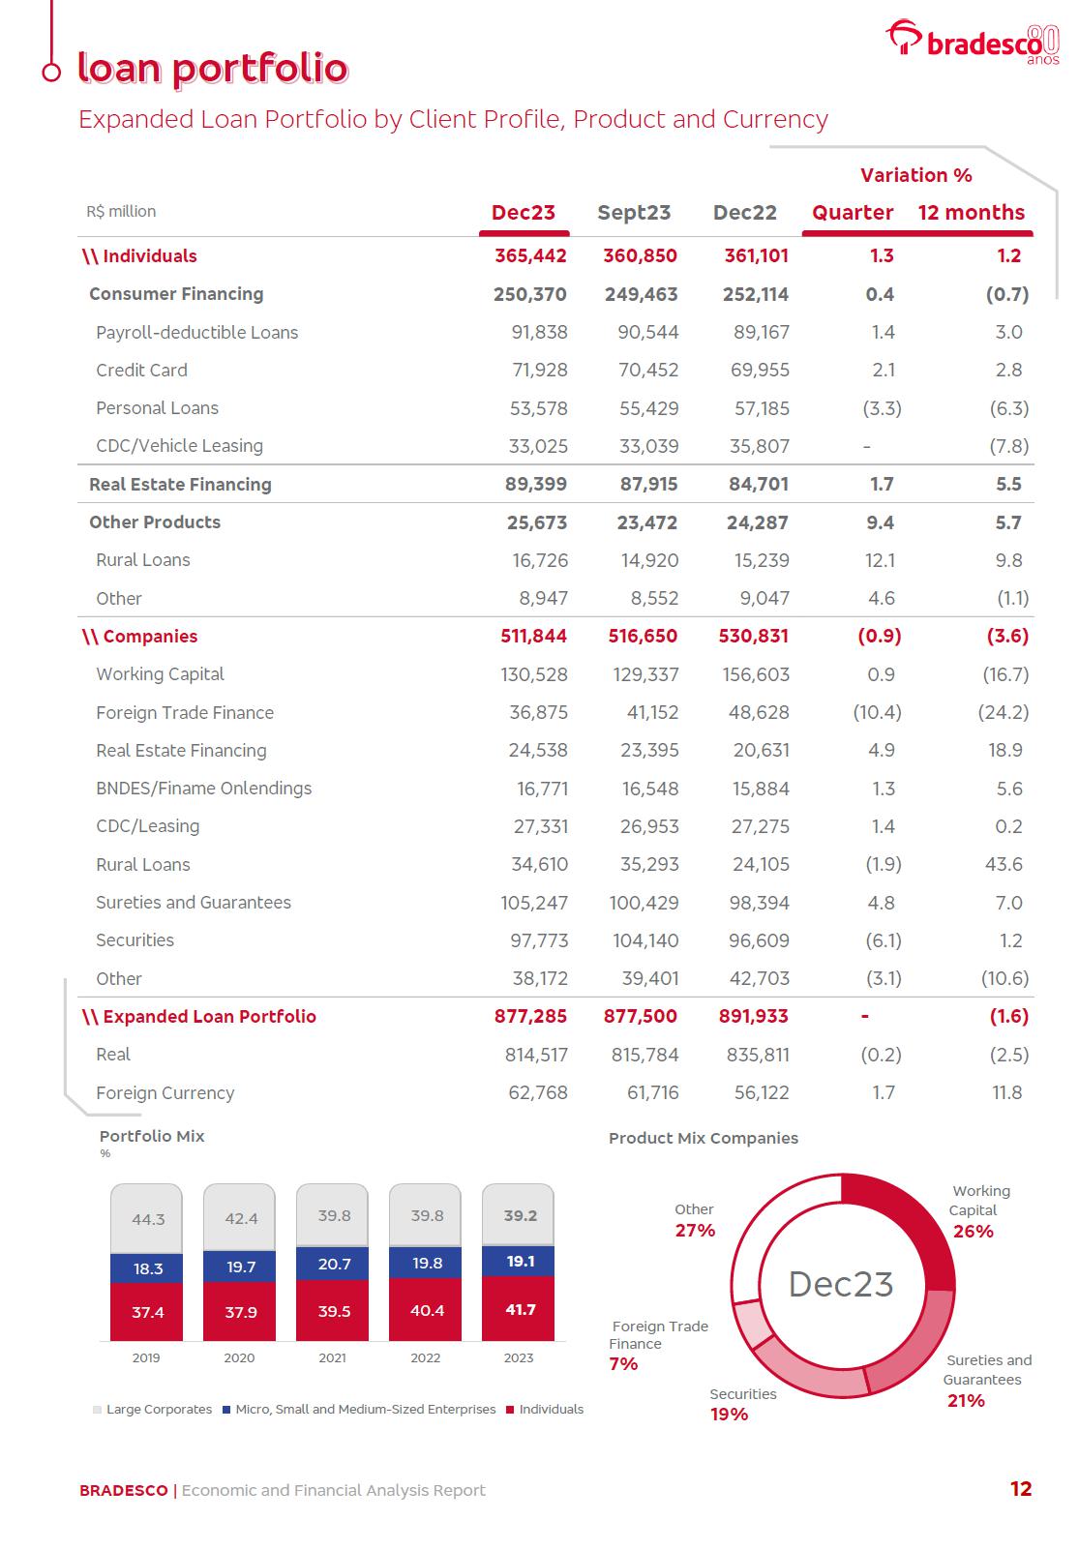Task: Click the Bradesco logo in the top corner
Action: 973,42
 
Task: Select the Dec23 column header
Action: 524,213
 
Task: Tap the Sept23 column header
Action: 634,213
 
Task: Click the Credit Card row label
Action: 141,370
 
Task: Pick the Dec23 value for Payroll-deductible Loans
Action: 539,332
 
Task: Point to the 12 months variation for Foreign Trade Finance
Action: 1004,712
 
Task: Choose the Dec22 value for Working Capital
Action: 759,674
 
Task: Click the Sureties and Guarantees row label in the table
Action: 194,902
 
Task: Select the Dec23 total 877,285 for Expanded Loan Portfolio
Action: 530,1016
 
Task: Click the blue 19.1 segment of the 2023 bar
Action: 520,1261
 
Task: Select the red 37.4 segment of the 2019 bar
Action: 147,1312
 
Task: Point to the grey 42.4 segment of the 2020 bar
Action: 240,1218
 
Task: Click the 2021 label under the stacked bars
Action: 332,1357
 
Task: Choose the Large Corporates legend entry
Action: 152,1409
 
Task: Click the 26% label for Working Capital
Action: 973,1231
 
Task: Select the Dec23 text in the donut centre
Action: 841,1284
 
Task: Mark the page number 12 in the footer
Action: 1021,1489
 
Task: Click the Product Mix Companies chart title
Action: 704,1138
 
